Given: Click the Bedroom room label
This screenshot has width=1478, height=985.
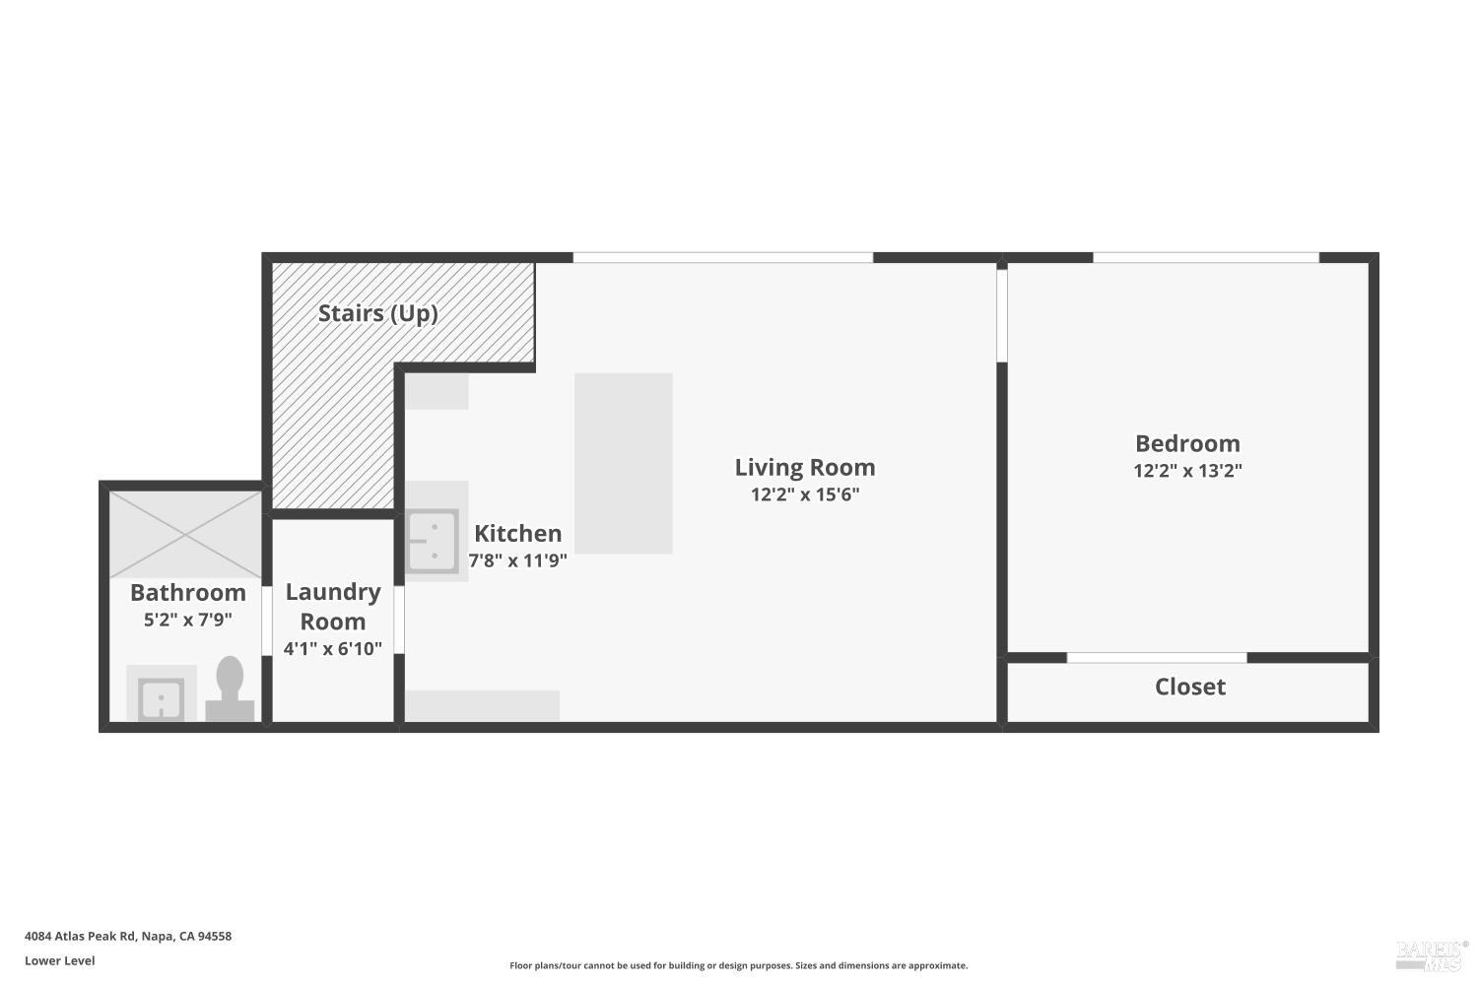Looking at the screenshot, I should point(1187,443).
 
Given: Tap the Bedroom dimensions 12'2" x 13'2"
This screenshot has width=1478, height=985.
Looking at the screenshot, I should point(1187,471).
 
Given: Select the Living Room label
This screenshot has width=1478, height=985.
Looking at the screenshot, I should point(804,467).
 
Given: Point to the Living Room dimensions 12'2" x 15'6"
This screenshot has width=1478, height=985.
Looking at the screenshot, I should point(804,494).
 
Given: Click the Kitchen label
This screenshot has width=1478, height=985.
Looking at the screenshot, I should point(517,533).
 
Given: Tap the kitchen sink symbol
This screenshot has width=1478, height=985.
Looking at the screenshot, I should point(433,541).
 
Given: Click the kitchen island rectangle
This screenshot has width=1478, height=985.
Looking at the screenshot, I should point(623,463).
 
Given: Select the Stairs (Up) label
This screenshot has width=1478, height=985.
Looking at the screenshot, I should point(377,313).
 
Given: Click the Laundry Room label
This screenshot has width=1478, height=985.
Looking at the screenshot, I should point(333,606).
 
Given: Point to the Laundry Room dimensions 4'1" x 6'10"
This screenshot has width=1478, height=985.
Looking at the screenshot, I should point(333,648).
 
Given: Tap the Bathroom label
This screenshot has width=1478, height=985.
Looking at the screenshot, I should point(188,592).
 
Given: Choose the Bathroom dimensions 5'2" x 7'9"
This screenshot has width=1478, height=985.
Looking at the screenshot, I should point(188,620).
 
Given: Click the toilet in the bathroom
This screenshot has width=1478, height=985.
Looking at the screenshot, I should point(230,689).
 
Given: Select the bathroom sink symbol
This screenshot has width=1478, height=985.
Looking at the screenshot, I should point(161,699).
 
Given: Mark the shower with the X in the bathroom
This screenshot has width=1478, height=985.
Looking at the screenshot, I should point(185,534).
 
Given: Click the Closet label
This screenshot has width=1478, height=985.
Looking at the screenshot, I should point(1189,687).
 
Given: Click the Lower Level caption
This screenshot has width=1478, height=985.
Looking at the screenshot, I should point(60,960).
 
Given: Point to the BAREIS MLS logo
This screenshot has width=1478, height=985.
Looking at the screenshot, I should point(1429,953).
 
